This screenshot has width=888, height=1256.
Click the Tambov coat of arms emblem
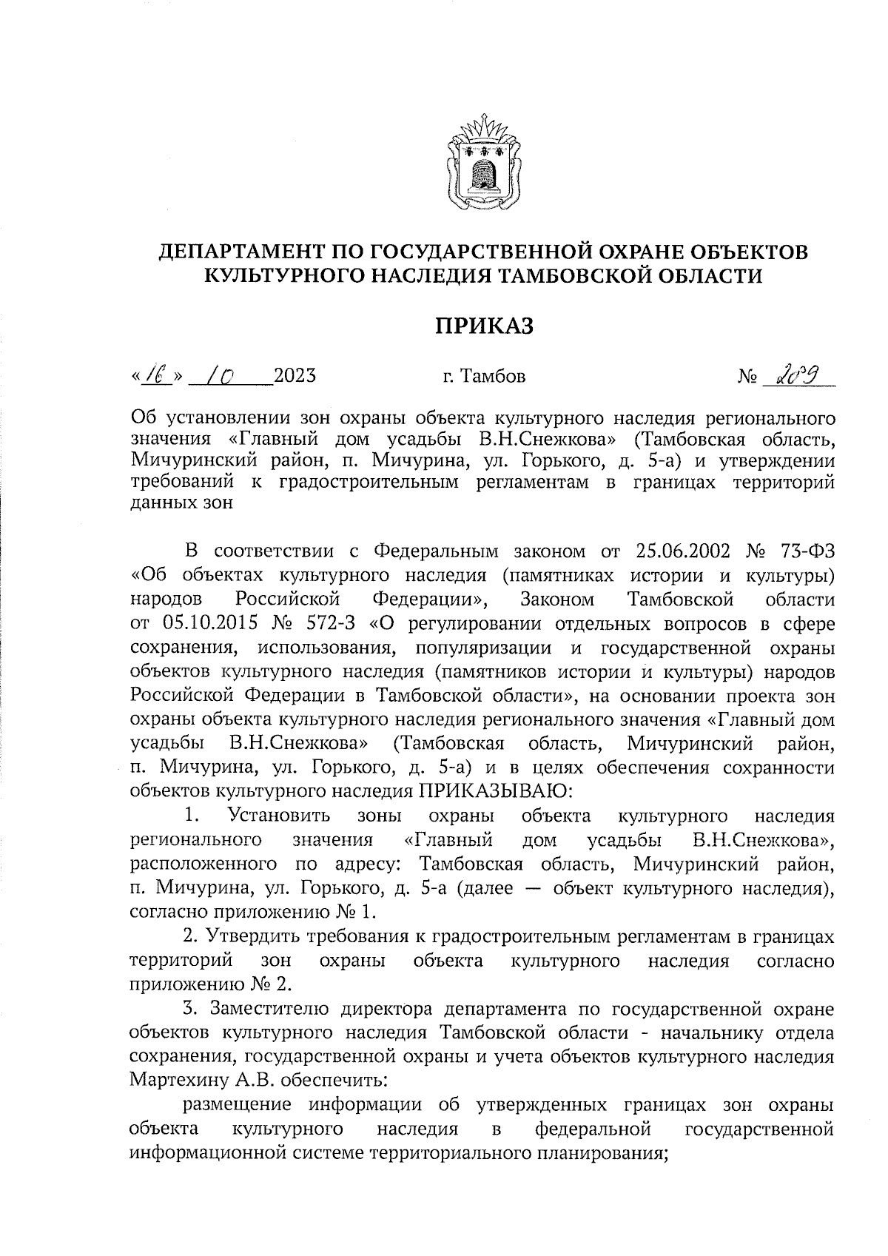(482, 160)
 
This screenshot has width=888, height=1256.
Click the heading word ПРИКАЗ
(482, 326)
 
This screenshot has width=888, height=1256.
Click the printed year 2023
(295, 376)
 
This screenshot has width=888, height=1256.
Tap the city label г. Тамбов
(484, 377)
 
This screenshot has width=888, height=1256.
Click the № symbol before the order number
(747, 377)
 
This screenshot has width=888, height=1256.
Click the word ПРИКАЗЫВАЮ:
(496, 790)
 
